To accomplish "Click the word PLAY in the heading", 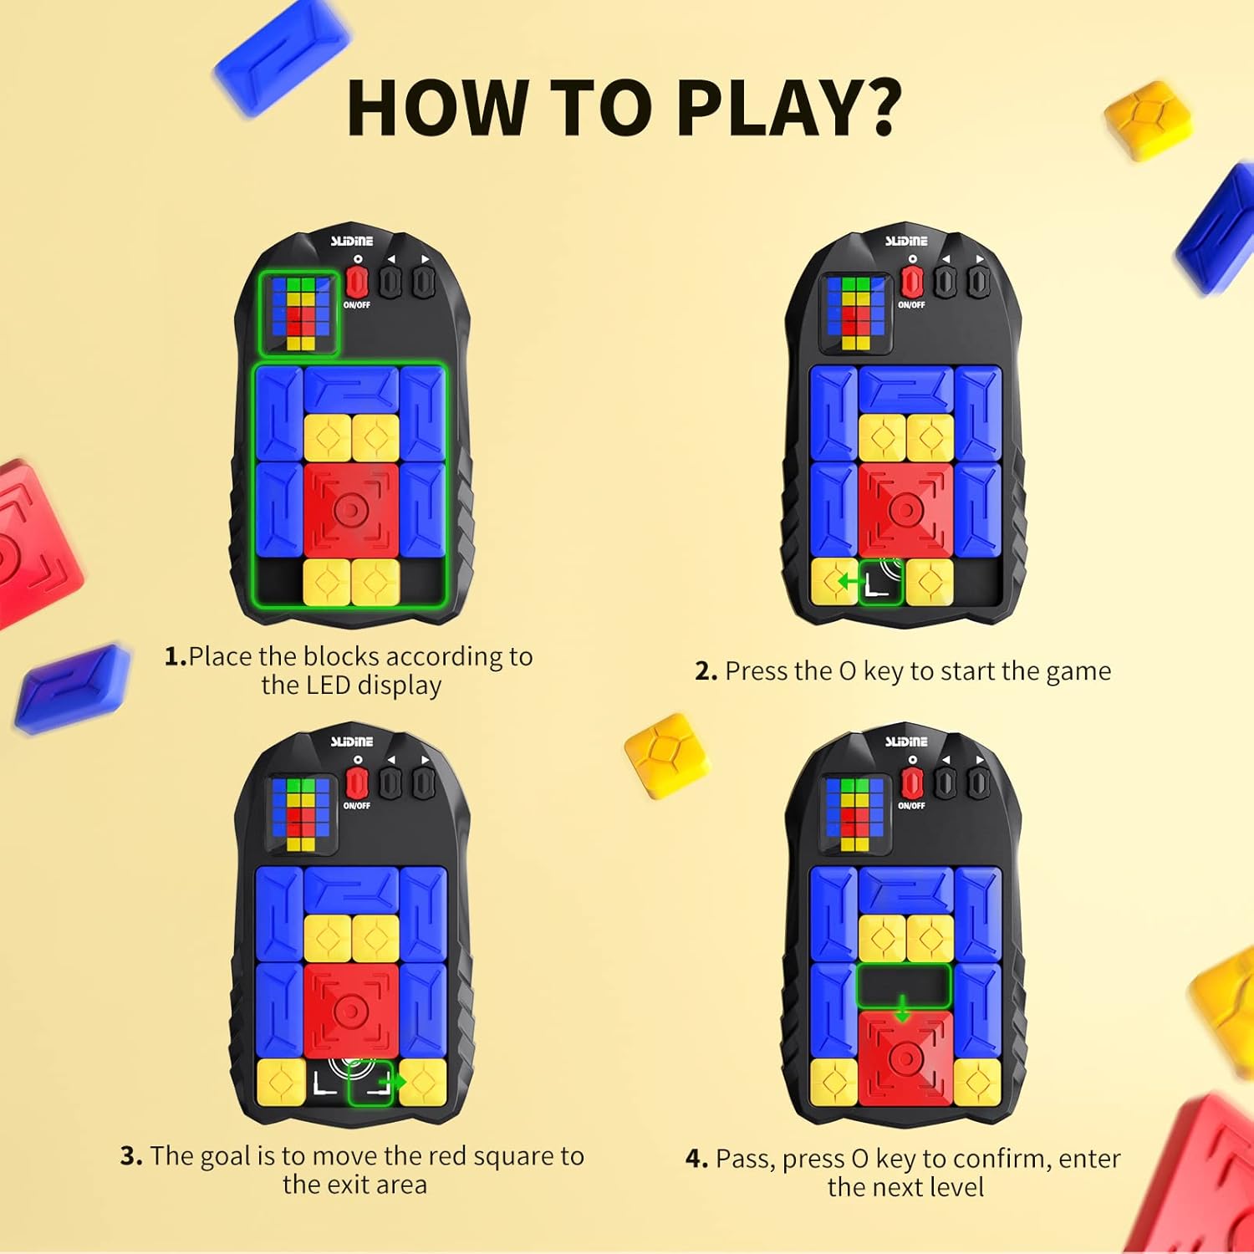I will (x=761, y=108).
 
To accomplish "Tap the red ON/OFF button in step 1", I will (x=357, y=281).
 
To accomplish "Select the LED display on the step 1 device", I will (x=299, y=313).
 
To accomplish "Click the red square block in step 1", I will (x=351, y=510).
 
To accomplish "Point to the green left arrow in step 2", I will (x=850, y=580).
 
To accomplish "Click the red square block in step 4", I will (x=905, y=1058).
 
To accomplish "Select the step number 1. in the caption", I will (x=176, y=657).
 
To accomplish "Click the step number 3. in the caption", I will (x=131, y=1156).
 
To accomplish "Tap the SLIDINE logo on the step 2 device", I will (x=906, y=241).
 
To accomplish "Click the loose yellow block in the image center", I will (x=667, y=756).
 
